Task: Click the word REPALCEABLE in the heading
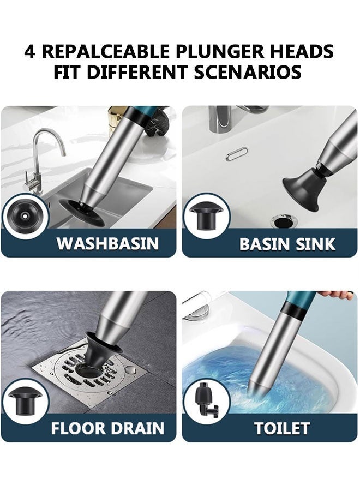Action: tap(107, 51)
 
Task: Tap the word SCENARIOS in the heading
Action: tap(247, 72)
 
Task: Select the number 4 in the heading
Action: tap(30, 51)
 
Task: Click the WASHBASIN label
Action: tap(107, 243)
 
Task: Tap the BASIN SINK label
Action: tap(287, 244)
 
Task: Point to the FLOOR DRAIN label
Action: tap(107, 428)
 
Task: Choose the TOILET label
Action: tap(282, 428)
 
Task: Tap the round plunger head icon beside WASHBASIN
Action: tap(24, 216)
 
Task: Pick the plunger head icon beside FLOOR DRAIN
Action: tap(25, 398)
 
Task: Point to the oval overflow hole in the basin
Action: tap(236, 154)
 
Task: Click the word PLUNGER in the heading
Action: tap(222, 51)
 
